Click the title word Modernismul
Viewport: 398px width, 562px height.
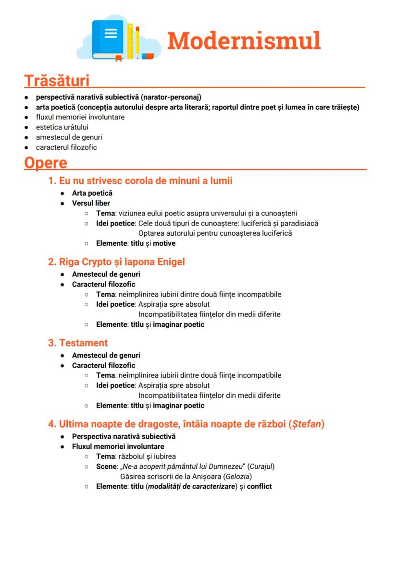(x=244, y=41)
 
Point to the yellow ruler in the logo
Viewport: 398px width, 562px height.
(x=130, y=41)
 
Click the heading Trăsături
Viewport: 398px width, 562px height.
(x=57, y=80)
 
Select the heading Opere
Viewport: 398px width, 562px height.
(x=46, y=163)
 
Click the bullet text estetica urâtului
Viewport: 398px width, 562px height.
(x=62, y=127)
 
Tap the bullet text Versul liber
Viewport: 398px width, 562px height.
(x=91, y=203)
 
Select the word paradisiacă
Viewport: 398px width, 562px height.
(x=299, y=223)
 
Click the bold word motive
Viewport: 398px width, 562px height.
(x=164, y=243)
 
